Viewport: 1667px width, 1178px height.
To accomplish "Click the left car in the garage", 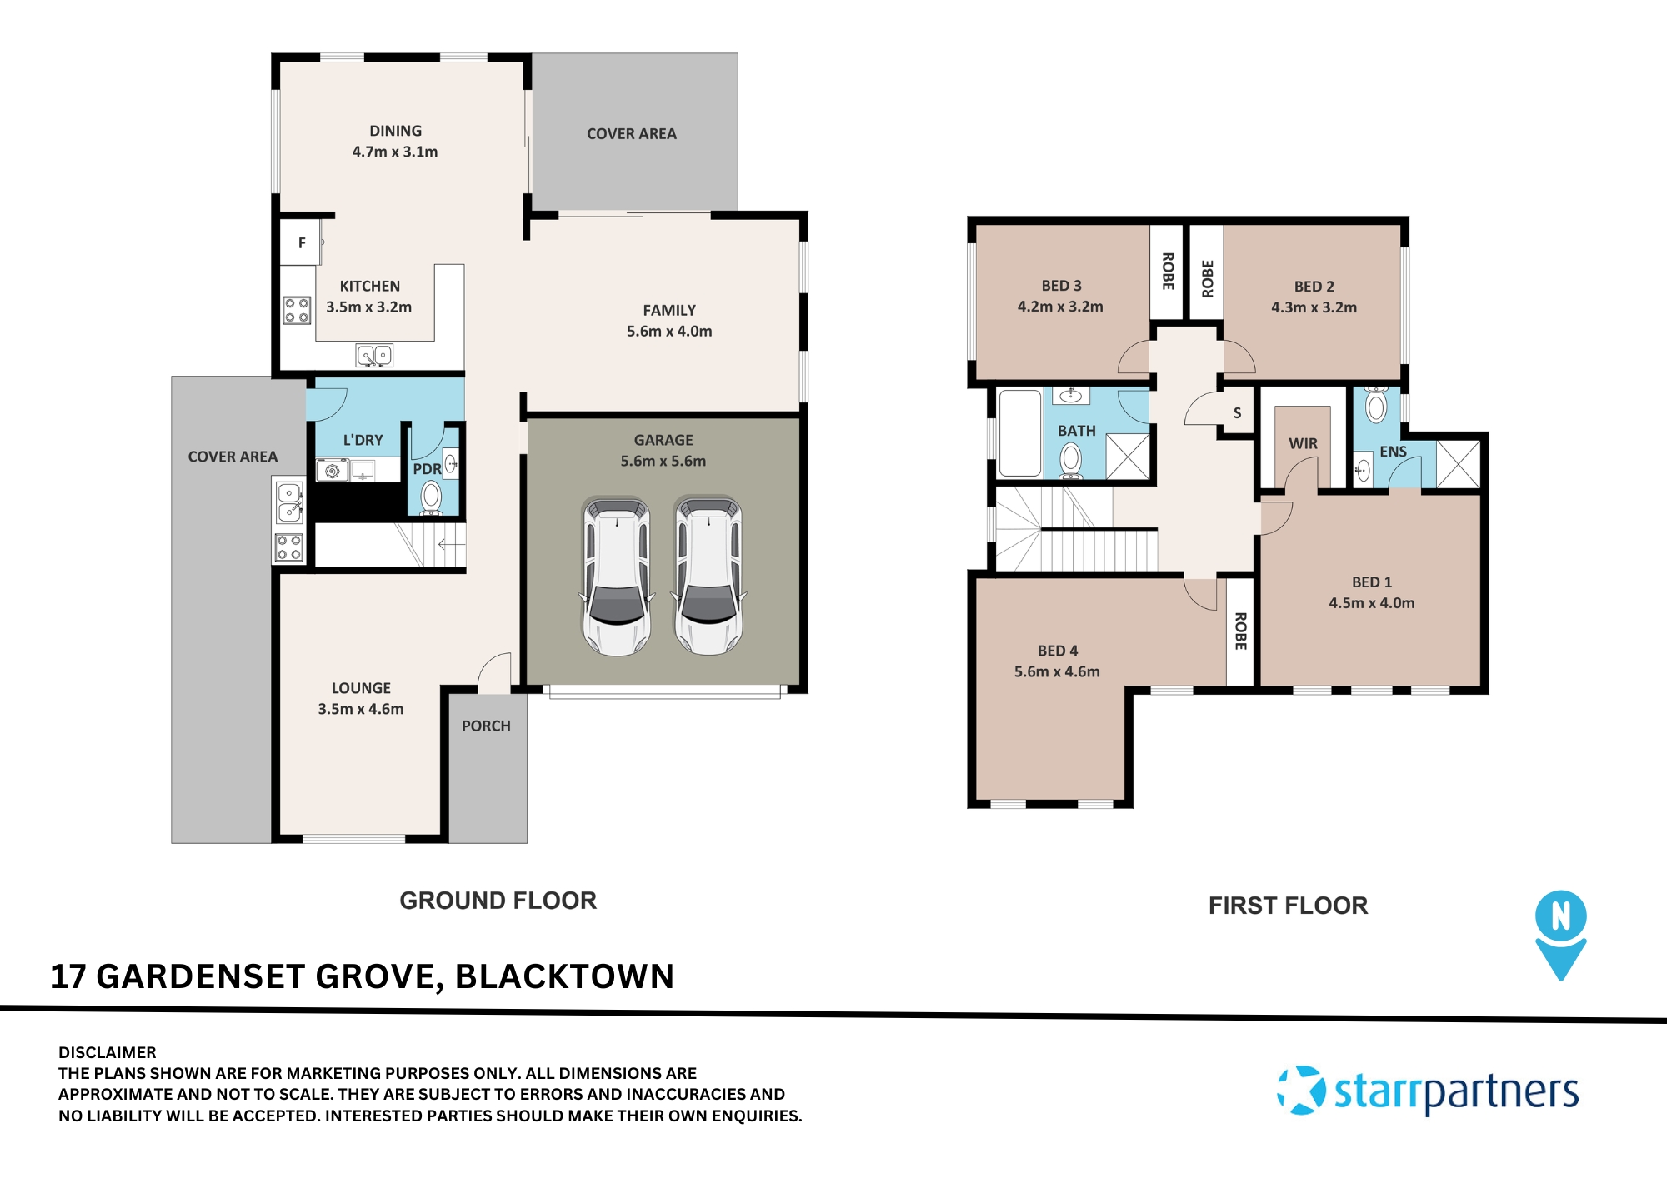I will click(x=616, y=577).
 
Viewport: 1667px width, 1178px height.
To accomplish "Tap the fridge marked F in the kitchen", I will click(x=302, y=242).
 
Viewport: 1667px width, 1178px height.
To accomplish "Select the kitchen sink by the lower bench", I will click(x=374, y=356).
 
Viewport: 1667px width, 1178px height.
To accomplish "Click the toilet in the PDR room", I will click(x=431, y=497).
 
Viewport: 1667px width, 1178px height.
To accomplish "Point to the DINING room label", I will click(x=395, y=132).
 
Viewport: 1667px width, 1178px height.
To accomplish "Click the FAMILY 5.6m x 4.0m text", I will click(x=669, y=321).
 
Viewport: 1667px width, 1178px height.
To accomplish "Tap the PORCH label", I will click(x=486, y=726).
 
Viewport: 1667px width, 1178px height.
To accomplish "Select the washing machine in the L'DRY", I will click(x=333, y=471).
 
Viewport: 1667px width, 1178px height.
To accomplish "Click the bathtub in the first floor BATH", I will click(x=1019, y=432).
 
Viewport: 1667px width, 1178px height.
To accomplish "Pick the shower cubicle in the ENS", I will click(x=1459, y=464).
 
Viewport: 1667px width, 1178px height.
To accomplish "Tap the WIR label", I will click(x=1303, y=444).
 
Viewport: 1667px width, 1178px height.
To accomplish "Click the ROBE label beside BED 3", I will click(x=1168, y=271).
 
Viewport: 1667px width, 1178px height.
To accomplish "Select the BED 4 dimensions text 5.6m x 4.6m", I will click(x=1057, y=671).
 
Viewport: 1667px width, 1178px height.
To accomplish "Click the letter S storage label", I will click(x=1237, y=413).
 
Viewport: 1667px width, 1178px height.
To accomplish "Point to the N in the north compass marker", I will click(x=1560, y=916).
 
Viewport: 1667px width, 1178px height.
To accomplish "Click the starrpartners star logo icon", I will click(x=1301, y=1090).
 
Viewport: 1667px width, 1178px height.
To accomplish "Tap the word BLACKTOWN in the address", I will click(x=564, y=976).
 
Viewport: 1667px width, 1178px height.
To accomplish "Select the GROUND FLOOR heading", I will click(x=498, y=901).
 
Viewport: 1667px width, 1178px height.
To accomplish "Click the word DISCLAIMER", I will click(x=108, y=1052).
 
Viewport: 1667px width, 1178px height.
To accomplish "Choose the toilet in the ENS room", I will click(x=1376, y=407).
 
